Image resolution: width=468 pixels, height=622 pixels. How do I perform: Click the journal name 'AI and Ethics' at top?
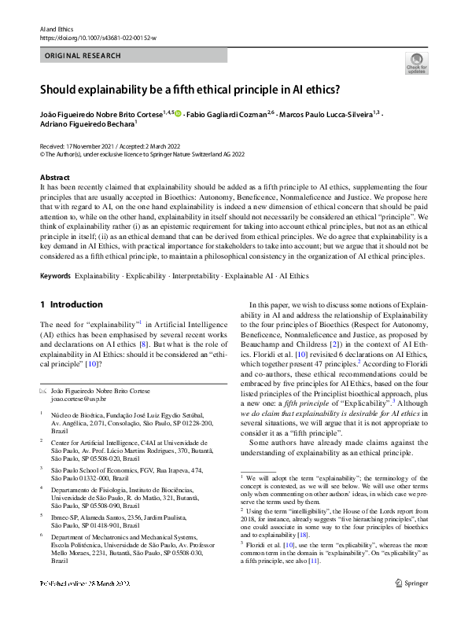tap(55, 28)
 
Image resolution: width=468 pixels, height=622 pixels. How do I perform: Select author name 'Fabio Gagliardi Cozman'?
tap(234, 114)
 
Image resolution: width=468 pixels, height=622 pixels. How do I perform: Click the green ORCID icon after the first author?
tap(178, 114)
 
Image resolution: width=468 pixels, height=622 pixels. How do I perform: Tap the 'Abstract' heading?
tap(55, 179)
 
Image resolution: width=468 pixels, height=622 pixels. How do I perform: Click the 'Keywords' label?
tap(55, 276)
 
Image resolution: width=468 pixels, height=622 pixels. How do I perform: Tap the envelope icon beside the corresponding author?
tap(43, 390)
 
